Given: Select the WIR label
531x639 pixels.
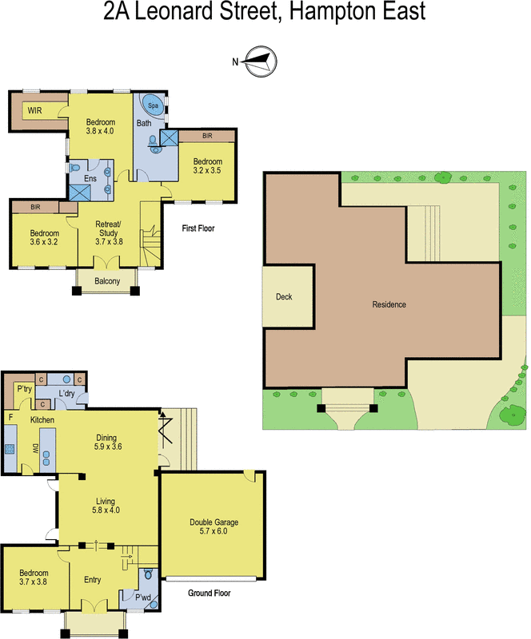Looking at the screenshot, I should [x=34, y=110].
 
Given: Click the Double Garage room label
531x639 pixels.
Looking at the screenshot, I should [x=214, y=522].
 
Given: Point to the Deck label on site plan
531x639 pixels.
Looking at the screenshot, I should [x=284, y=296].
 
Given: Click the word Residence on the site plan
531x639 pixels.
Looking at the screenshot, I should [x=389, y=304].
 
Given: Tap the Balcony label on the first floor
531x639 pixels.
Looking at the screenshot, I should [x=106, y=281].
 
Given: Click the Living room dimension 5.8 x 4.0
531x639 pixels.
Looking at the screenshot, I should [x=106, y=510].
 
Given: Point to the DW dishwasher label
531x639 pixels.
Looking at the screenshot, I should [x=34, y=450].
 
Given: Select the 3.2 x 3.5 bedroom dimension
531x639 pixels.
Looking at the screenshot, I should [x=206, y=169].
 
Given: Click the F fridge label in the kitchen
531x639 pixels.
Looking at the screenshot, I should [x=10, y=417].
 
